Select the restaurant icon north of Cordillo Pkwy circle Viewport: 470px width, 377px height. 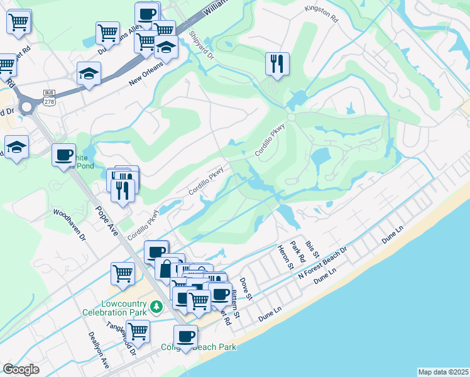click(277, 63)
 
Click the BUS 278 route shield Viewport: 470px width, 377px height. click(49, 97)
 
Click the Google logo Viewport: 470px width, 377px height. click(21, 369)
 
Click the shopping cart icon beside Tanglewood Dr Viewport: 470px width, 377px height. click(138, 331)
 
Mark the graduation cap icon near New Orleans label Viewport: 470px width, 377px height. click(89, 74)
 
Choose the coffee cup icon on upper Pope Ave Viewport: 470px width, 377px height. click(63, 155)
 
